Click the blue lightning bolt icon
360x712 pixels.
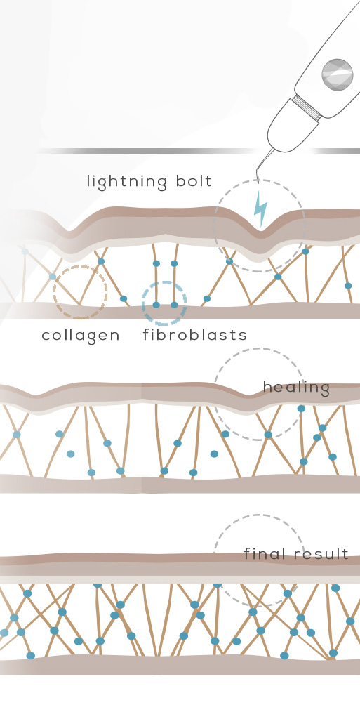[260, 209]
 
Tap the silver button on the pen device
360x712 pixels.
[337, 74]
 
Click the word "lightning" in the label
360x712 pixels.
[126, 182]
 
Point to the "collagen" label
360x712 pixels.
[81, 336]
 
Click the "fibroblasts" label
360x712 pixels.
[195, 335]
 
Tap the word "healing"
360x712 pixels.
[296, 388]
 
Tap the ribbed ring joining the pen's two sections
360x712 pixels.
[307, 108]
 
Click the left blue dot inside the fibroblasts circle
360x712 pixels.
[156, 305]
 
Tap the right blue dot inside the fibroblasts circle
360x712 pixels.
[174, 305]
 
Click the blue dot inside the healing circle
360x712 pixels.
[268, 435]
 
